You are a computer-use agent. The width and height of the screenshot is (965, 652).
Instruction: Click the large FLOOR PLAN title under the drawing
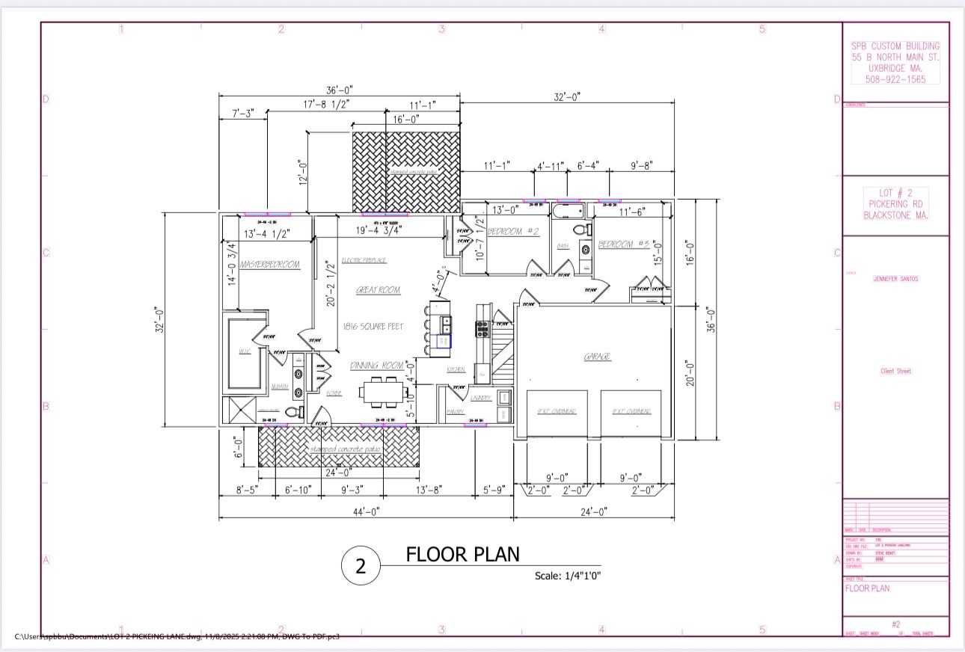tap(462, 555)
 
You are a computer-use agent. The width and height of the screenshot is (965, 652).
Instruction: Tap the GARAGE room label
tap(597, 357)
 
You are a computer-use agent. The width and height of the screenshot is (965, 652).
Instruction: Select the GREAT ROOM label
tap(378, 290)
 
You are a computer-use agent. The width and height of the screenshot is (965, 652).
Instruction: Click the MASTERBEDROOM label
tap(270, 265)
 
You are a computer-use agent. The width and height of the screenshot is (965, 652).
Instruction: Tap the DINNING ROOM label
tap(377, 366)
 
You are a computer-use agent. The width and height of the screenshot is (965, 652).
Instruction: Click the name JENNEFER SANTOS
tap(895, 279)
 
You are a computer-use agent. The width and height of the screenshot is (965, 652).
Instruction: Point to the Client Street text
tap(895, 371)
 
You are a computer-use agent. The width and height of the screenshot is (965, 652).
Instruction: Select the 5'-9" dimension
tap(494, 490)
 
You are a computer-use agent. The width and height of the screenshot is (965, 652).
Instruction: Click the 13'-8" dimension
tap(429, 490)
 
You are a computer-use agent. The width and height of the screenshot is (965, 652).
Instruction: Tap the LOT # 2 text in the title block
tap(896, 193)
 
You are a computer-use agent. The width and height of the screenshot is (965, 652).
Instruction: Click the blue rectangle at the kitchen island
tap(444, 341)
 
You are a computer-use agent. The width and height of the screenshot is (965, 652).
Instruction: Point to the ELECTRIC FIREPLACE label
tap(364, 260)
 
